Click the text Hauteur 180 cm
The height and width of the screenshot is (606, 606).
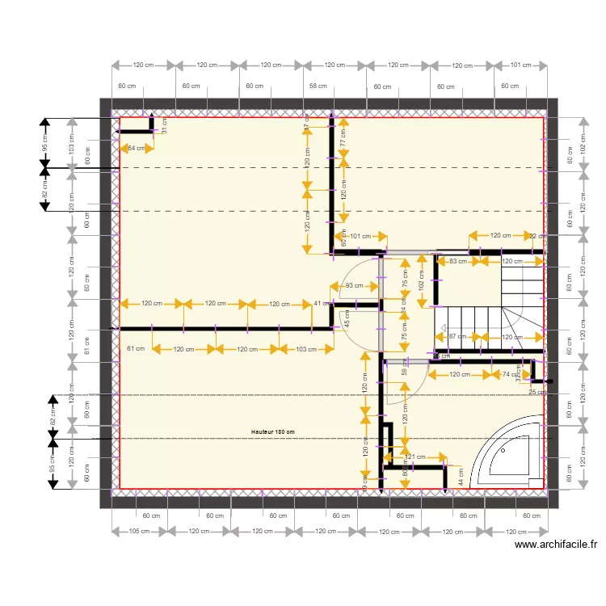[x=272, y=432]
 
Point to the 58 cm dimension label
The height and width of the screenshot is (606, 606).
[x=318, y=85]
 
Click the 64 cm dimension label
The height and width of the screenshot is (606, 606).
[x=137, y=148]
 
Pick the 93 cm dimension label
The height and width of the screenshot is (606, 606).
[x=354, y=286]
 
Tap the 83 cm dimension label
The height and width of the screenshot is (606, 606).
[x=458, y=261]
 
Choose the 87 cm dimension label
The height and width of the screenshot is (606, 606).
[x=457, y=337]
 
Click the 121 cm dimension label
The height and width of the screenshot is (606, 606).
[x=414, y=457]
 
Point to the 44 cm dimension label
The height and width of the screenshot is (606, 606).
[x=461, y=478]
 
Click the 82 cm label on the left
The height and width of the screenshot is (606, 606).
[x=45, y=189]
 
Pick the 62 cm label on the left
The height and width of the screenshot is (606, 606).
[x=53, y=417]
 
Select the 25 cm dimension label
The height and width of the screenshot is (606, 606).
[x=537, y=392]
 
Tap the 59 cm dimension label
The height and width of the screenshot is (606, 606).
[x=405, y=366]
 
